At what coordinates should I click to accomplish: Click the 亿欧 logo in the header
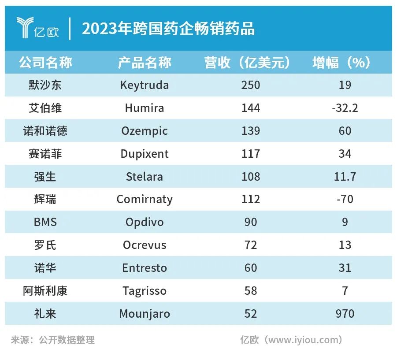(x=37, y=28)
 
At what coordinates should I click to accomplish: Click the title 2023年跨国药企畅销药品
(x=168, y=29)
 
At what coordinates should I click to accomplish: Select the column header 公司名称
(x=45, y=63)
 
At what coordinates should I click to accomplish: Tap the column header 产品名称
(x=144, y=63)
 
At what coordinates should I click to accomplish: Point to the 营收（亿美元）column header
(x=250, y=63)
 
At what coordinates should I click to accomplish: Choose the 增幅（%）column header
(x=345, y=63)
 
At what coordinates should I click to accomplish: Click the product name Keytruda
(x=144, y=85)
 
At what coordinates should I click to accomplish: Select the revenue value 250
(x=250, y=85)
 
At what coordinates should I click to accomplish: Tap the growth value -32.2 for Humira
(x=345, y=108)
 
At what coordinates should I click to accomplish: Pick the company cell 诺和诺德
(x=45, y=131)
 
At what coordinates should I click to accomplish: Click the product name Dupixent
(x=144, y=154)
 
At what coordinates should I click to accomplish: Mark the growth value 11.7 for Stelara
(x=345, y=177)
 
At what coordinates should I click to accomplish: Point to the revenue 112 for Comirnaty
(x=250, y=200)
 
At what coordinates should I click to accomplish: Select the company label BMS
(x=45, y=222)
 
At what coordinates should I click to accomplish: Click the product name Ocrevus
(x=144, y=245)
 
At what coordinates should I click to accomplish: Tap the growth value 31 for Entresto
(x=345, y=268)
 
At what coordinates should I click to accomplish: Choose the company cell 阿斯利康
(x=45, y=291)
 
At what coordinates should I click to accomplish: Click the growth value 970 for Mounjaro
(x=345, y=314)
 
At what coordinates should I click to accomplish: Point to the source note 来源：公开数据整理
(x=53, y=340)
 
